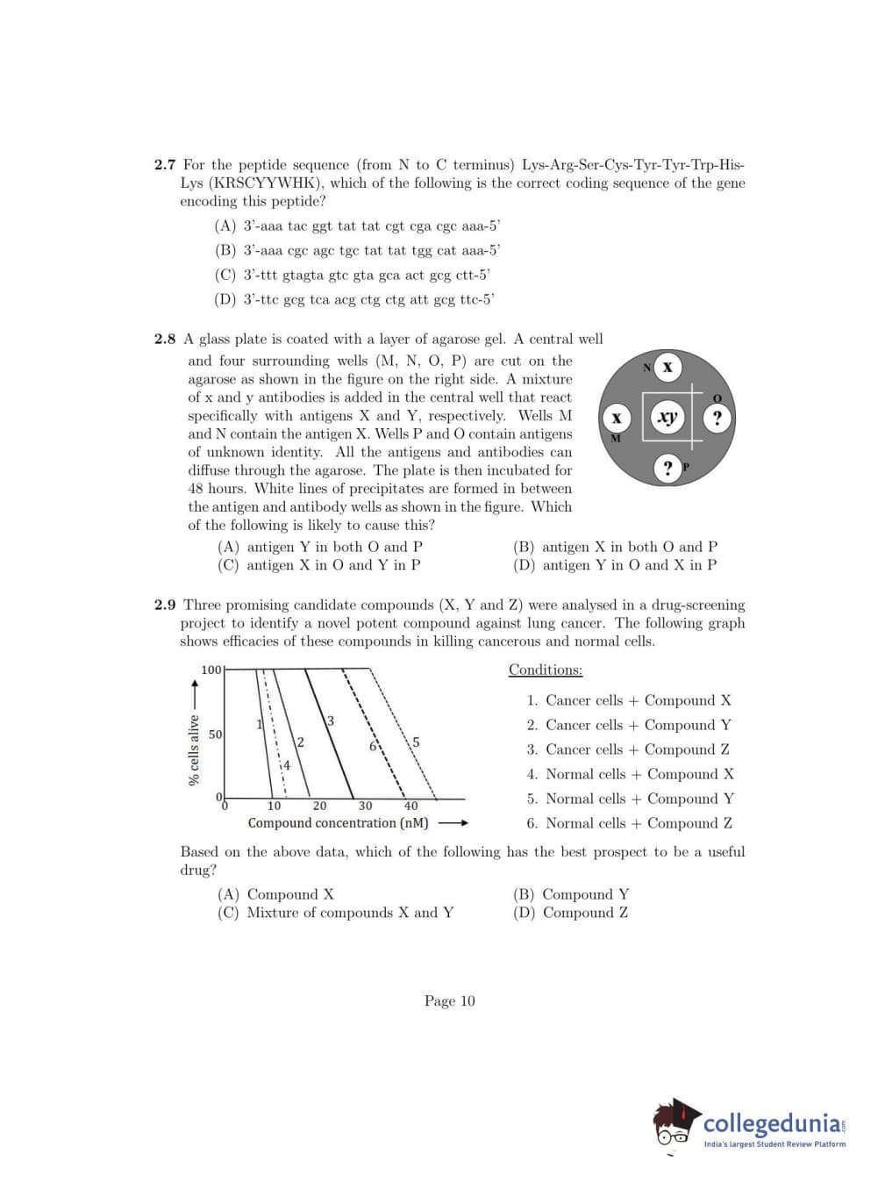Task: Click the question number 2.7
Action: [x=165, y=165]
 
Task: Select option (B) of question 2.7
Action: [x=358, y=250]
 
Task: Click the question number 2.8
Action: [x=165, y=340]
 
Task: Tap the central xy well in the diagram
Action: [x=667, y=417]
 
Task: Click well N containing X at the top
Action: [x=667, y=367]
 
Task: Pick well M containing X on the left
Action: [x=617, y=419]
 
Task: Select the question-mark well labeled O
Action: [x=717, y=418]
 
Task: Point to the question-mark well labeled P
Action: [x=668, y=468]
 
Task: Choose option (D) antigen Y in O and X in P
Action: [x=615, y=565]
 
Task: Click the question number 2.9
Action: [x=165, y=606]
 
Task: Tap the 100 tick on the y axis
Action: [x=211, y=670]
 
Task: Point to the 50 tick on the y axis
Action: [x=215, y=734]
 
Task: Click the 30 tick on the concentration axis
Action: [x=365, y=806]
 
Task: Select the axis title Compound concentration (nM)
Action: [x=339, y=823]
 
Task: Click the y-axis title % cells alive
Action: [x=194, y=750]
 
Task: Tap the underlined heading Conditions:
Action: [x=546, y=670]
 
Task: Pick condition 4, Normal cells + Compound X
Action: [x=630, y=774]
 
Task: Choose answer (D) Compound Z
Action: [x=571, y=913]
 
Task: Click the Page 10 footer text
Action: [x=449, y=1001]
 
